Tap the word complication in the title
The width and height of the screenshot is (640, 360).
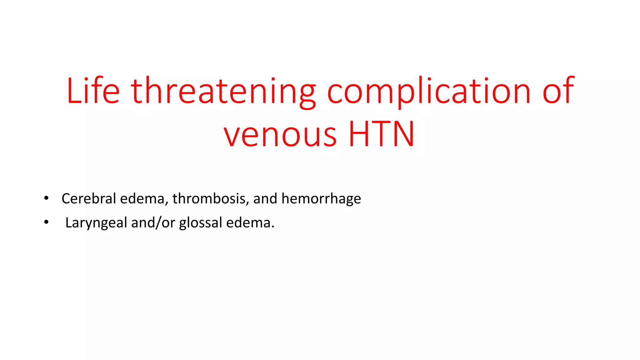pyautogui.click(x=429, y=91)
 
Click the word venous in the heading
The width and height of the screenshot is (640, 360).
pyautogui.click(x=280, y=134)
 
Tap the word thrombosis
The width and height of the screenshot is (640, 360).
pyautogui.click(x=209, y=198)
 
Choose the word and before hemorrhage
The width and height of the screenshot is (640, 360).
pyautogui.click(x=265, y=198)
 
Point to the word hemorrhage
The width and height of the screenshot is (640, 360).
pyautogui.click(x=321, y=199)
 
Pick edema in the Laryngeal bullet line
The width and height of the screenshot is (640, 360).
pyautogui.click(x=248, y=223)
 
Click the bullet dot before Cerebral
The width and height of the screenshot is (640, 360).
pyautogui.click(x=46, y=198)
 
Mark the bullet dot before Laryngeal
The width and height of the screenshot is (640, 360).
pyautogui.click(x=46, y=222)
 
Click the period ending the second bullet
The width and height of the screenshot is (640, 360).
pyautogui.click(x=273, y=227)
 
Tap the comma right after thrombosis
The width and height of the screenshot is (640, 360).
pyautogui.click(x=247, y=203)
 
